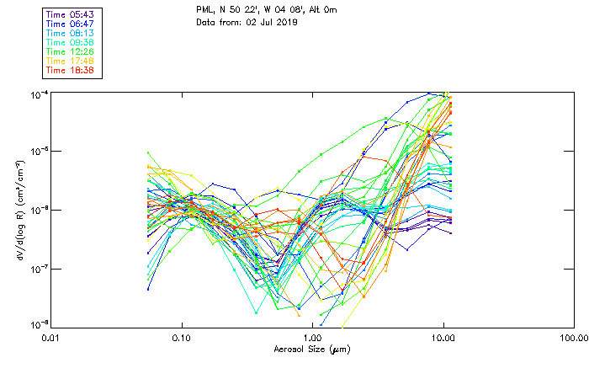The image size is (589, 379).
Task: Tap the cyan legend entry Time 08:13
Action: tap(70, 34)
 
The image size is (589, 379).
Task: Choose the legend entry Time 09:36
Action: tap(70, 43)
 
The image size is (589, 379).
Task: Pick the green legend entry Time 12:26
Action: tap(70, 51)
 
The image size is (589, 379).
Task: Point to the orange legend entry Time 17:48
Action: tap(70, 61)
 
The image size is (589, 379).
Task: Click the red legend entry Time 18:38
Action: tap(70, 69)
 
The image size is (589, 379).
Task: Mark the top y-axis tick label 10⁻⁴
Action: tap(37, 93)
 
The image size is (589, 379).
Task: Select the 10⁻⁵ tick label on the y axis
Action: tap(37, 151)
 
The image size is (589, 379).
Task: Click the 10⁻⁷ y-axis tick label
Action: tap(37, 268)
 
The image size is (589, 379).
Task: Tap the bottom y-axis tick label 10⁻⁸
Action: tap(37, 324)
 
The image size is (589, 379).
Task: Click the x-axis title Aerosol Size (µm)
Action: tap(311, 349)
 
